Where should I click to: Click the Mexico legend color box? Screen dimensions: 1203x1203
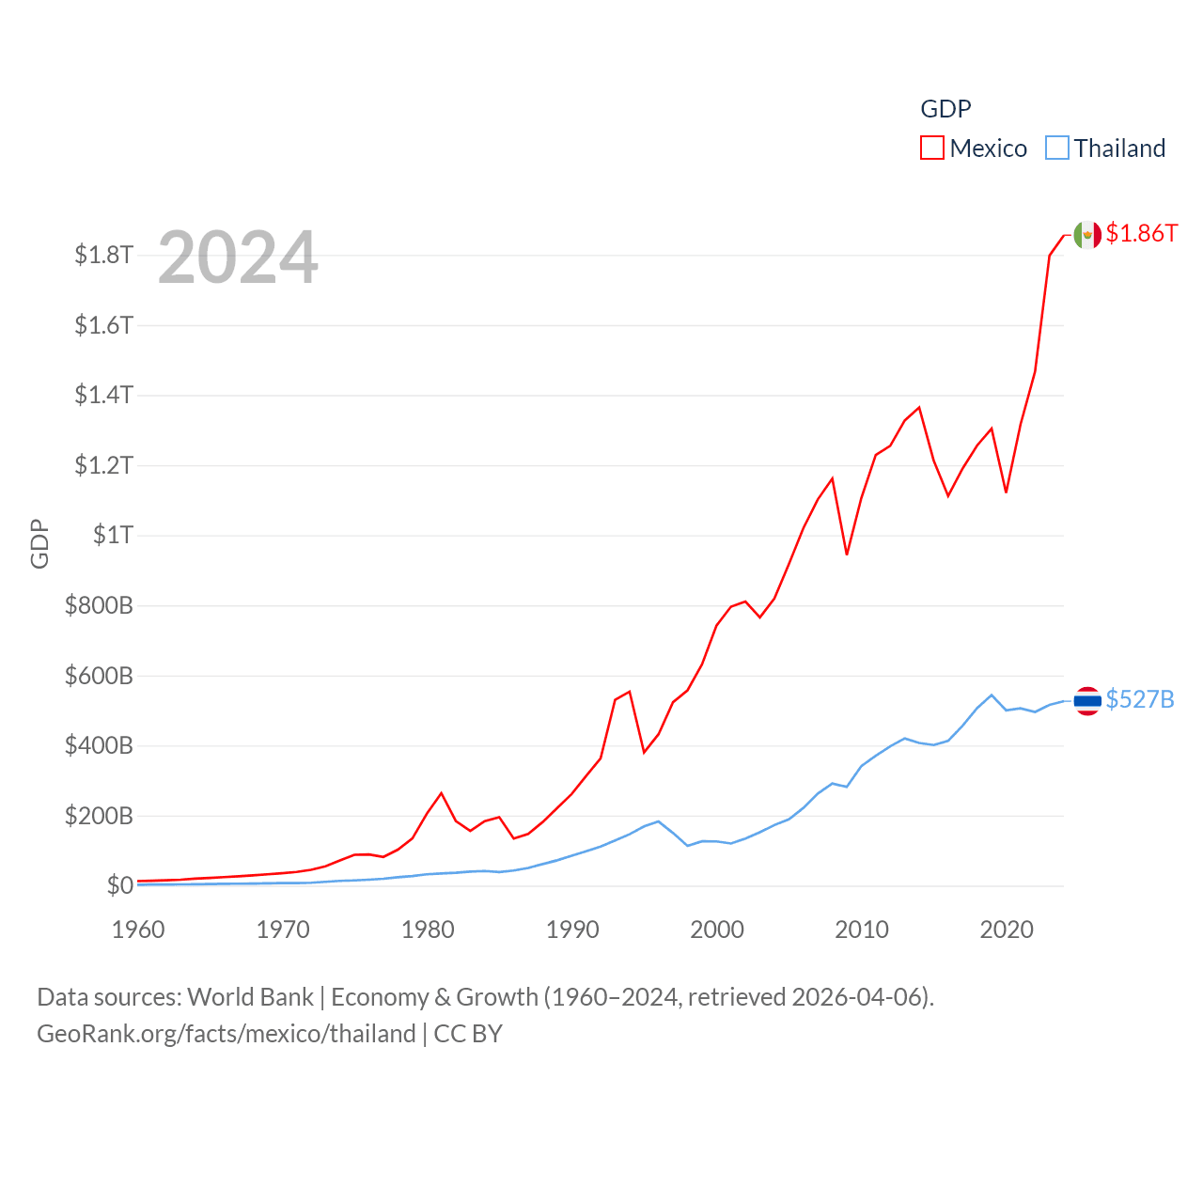[x=931, y=148]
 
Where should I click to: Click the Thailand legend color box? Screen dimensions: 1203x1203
[x=1057, y=148]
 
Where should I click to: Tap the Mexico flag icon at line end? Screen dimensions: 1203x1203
[x=1087, y=235]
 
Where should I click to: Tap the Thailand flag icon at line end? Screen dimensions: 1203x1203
[x=1087, y=700]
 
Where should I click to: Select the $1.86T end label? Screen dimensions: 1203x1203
[x=1141, y=233]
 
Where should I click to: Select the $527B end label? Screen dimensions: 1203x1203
[x=1139, y=699]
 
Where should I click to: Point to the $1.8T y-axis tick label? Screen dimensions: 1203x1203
[x=103, y=255]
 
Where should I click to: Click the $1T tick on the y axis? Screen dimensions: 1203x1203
[x=113, y=535]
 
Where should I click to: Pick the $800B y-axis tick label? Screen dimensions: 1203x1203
[x=99, y=605]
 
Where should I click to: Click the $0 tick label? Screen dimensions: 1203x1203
[x=119, y=885]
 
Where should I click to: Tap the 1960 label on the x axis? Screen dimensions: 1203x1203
[x=138, y=930]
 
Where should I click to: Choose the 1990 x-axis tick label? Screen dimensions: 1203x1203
[x=572, y=930]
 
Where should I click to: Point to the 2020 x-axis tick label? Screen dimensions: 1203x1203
[x=1007, y=930]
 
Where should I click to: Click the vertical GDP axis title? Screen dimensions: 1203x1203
[x=39, y=543]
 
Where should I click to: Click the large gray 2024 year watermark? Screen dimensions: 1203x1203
[x=238, y=258]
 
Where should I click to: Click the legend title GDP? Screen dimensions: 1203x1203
[x=945, y=109]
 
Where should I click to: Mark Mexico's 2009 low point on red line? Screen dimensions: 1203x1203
[x=847, y=555]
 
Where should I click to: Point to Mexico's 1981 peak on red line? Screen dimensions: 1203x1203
[x=442, y=793]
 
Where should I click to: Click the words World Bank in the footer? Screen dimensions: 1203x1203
[x=250, y=996]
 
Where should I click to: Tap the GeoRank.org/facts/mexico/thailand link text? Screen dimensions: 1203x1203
[x=226, y=1034]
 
